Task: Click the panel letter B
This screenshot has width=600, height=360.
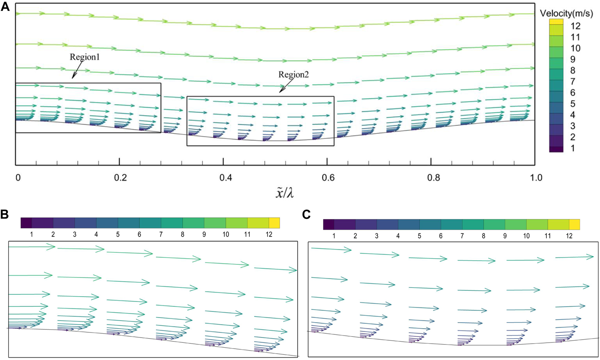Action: (4, 214)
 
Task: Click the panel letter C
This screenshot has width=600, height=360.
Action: (306, 214)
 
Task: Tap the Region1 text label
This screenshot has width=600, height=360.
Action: (85, 57)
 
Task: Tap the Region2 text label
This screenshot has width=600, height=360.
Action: (294, 75)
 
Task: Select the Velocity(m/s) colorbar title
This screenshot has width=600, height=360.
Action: (566, 14)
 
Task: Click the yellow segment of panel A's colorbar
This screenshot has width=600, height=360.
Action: (556, 22)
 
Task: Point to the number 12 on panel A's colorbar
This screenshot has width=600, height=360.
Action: (575, 26)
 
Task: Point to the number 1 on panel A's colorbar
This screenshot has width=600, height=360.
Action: (573, 148)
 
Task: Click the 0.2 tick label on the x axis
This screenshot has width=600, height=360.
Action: (120, 178)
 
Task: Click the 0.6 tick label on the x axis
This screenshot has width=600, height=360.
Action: (328, 178)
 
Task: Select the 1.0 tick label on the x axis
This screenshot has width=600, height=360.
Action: (536, 178)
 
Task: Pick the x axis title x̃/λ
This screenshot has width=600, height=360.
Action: (284, 193)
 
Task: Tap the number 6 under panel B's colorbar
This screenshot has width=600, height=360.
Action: (139, 234)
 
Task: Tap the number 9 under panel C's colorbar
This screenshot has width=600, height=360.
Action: (505, 236)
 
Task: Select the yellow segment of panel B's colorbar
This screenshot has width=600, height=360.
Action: (274, 223)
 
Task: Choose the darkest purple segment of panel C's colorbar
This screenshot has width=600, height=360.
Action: (328, 225)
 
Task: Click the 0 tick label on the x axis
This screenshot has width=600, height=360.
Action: (18, 178)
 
